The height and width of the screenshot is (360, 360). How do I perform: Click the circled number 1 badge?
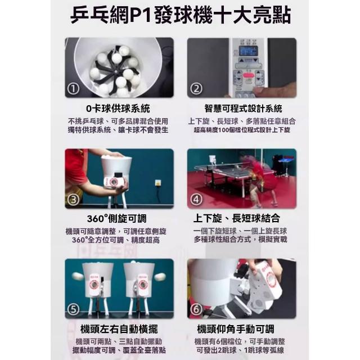click(x=73, y=89)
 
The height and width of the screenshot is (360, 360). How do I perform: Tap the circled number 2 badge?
click(x=196, y=89)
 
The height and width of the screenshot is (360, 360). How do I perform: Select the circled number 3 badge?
click(x=73, y=200)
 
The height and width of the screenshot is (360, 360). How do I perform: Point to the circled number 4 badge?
click(x=196, y=200)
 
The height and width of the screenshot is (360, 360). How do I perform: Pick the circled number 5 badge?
click(x=73, y=309)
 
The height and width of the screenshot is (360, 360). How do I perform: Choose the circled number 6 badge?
click(x=196, y=309)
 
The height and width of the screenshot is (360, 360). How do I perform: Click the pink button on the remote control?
click(x=249, y=75)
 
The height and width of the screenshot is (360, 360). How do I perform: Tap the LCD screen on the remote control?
click(x=248, y=51)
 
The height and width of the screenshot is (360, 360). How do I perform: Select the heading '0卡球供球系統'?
click(x=118, y=109)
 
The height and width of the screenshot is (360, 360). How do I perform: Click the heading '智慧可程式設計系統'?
click(x=243, y=109)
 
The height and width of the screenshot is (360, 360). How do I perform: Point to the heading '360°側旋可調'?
click(x=116, y=219)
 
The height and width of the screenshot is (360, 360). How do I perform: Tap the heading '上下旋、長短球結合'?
click(x=237, y=218)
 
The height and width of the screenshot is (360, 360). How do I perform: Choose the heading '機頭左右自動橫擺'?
click(x=119, y=329)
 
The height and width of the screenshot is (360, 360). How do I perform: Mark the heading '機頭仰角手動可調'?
click(x=236, y=329)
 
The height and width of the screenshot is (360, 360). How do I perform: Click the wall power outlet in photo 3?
click(x=158, y=183)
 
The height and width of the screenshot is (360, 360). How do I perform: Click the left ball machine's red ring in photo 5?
click(x=94, y=285)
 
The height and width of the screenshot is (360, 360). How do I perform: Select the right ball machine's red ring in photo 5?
click(x=142, y=285)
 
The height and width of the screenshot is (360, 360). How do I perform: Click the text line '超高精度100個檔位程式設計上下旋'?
click(x=242, y=130)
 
